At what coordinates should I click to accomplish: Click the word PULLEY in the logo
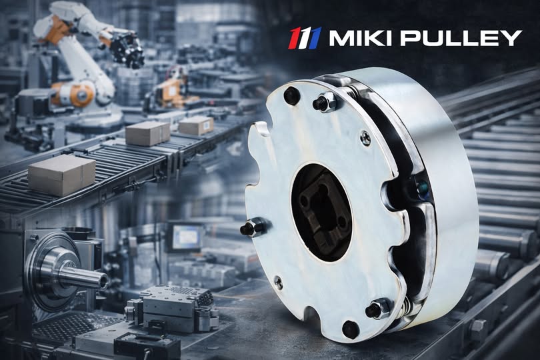click(459, 38)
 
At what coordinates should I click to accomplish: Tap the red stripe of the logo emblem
click(294, 38)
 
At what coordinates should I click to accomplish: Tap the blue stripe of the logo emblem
click(315, 38)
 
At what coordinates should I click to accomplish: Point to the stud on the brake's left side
click(255, 227)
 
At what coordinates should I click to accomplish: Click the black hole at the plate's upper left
click(291, 96)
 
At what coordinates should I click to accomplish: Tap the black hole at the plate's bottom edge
click(349, 329)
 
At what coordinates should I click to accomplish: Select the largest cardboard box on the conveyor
click(61, 175)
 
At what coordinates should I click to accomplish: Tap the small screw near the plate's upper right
click(365, 138)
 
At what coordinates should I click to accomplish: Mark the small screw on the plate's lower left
click(278, 283)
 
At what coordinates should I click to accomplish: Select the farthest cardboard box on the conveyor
click(195, 125)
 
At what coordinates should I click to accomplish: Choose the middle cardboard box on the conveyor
click(147, 133)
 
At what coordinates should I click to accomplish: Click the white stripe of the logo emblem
click(305, 38)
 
